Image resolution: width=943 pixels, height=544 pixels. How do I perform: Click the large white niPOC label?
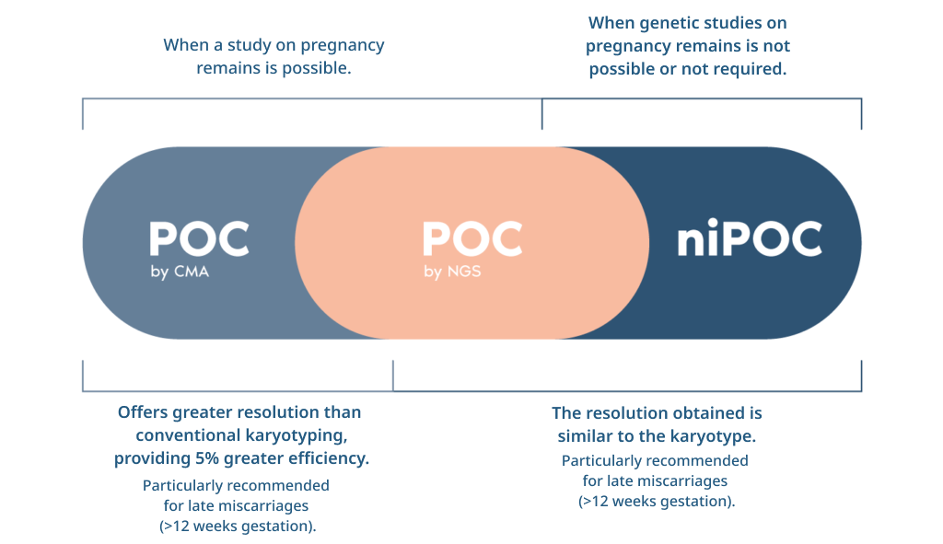click(750, 238)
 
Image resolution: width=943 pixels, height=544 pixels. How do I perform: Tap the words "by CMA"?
click(180, 272)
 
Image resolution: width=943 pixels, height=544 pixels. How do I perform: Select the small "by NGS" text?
click(452, 272)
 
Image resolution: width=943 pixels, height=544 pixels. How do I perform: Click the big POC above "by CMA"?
click(199, 239)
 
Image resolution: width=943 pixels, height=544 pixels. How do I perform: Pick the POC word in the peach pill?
click(472, 239)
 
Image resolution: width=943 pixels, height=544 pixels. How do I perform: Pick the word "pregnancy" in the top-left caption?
click(343, 46)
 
